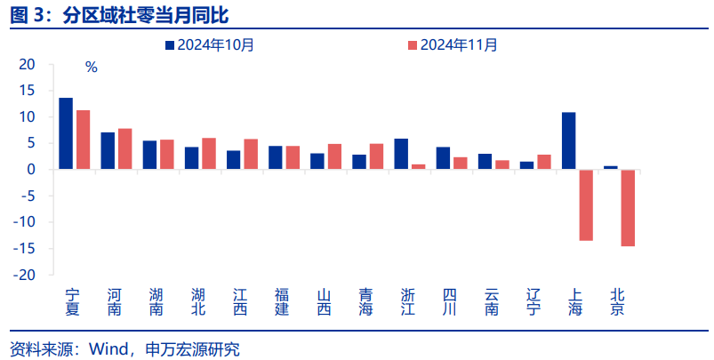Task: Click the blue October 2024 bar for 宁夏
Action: click(x=66, y=133)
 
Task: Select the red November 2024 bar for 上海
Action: click(x=586, y=204)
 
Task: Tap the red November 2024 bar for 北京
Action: click(x=628, y=207)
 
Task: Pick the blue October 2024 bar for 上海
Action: click(x=569, y=140)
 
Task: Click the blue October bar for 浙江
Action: click(x=401, y=154)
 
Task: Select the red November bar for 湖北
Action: click(x=209, y=153)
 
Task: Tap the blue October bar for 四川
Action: click(x=443, y=158)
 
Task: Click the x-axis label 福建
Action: click(x=282, y=302)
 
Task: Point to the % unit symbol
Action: click(x=91, y=67)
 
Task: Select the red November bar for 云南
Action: click(x=502, y=164)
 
